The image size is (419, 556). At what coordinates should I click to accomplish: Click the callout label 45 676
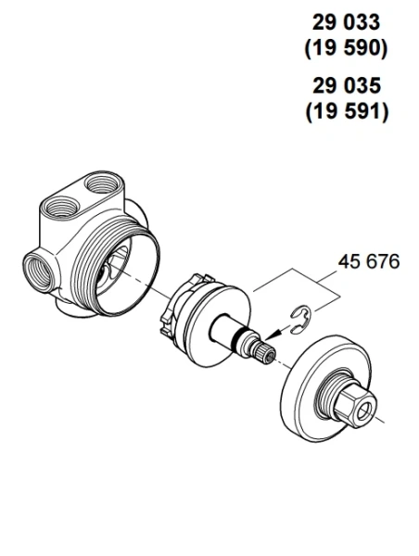368,262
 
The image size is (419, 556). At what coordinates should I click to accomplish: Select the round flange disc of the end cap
311,385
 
